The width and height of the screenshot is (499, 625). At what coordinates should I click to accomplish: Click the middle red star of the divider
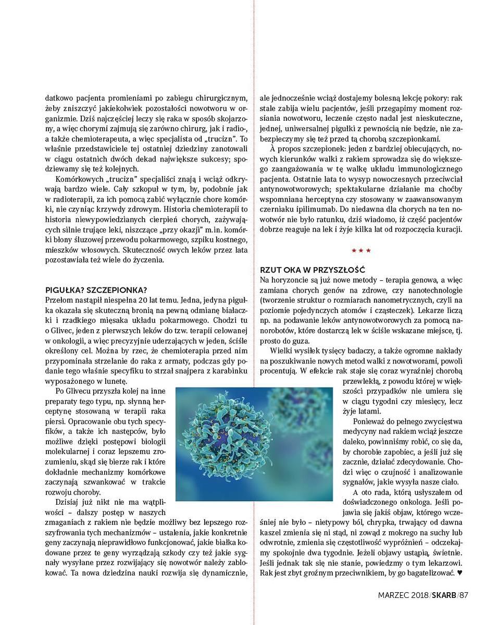coord(361,251)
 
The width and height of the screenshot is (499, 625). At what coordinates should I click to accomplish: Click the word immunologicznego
coord(430,169)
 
